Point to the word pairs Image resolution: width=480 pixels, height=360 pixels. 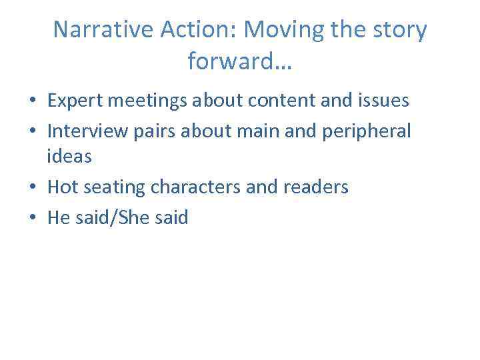152,131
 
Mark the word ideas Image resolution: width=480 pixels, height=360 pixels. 69,157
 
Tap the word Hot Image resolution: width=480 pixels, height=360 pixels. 63,187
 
